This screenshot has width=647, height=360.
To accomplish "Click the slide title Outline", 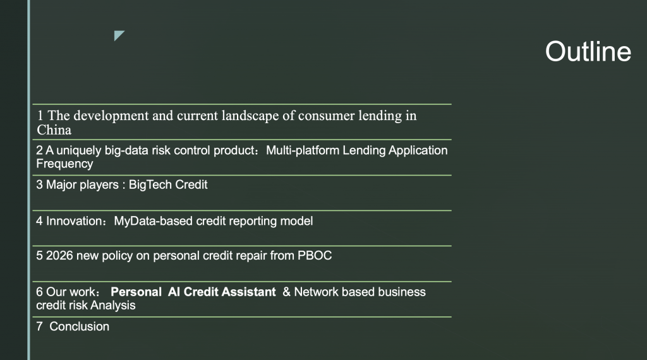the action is click(588, 52).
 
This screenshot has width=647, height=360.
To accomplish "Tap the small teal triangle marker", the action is click(118, 35).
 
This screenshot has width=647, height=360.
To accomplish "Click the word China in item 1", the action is click(54, 130).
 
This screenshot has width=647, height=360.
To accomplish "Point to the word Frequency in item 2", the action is click(65, 164).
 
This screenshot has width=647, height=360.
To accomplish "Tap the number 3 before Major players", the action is click(39, 185).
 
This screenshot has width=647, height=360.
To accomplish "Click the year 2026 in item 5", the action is click(59, 256).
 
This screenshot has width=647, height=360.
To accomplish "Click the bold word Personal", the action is click(136, 292).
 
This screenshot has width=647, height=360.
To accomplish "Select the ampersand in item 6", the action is click(287, 292).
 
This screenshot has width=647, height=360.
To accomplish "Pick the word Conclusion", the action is click(79, 327).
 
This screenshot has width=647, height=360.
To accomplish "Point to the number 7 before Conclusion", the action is click(39, 327).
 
